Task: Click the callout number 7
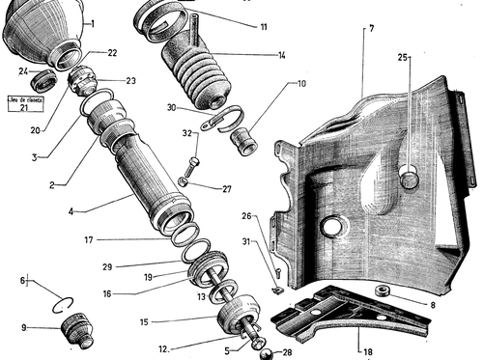[372, 29]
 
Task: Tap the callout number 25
[403, 58]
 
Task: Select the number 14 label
[282, 56]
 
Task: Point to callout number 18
[368, 351]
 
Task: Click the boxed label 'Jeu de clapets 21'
[25, 103]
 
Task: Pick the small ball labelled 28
[266, 354]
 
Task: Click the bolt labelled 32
[191, 167]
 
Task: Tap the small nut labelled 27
[183, 182]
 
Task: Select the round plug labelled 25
[410, 180]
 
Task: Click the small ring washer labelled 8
[383, 291]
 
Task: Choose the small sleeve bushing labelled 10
[244, 141]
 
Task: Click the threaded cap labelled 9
[77, 330]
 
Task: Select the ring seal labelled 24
[43, 81]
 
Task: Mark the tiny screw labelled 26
[278, 273]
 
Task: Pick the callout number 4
[71, 211]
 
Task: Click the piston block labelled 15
[239, 311]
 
